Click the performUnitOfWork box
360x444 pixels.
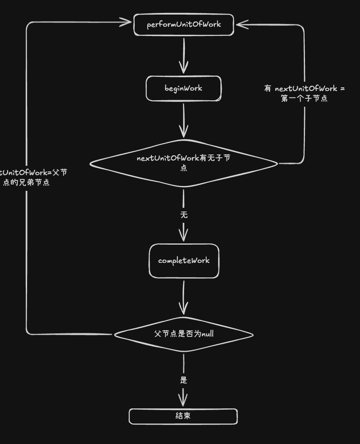coord(184,25)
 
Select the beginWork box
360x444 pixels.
coord(184,88)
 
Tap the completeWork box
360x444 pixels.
coord(184,261)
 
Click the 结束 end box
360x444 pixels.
coord(183,416)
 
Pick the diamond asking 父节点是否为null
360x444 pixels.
coord(184,334)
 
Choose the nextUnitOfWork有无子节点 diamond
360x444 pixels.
coord(184,163)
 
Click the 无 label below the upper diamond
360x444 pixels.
coord(184,215)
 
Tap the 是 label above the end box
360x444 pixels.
coord(184,380)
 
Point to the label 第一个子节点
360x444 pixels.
coord(304,98)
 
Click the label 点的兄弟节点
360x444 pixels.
coord(26,182)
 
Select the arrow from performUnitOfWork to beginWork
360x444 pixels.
coord(184,55)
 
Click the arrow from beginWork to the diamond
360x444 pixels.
coord(184,119)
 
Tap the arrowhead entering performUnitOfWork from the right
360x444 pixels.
coord(241,25)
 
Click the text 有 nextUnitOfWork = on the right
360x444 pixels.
coord(304,89)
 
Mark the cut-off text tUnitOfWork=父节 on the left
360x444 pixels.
coord(34,173)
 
